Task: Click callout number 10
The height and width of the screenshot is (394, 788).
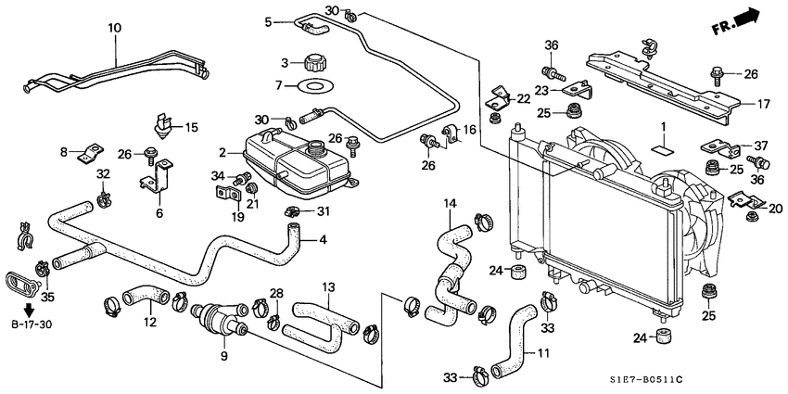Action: tap(115, 29)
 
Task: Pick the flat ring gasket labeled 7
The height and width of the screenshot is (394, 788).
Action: tap(307, 88)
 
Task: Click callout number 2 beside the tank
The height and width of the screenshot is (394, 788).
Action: tap(222, 152)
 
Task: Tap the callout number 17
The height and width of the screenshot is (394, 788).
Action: tap(763, 105)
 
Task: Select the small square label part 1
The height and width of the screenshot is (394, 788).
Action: tap(663, 146)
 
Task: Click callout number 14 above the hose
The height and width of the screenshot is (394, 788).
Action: tap(450, 203)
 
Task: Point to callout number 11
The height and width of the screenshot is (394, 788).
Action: tap(543, 353)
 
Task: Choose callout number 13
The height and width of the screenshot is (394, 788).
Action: tap(327, 286)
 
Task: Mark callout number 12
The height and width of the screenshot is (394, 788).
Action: tap(150, 323)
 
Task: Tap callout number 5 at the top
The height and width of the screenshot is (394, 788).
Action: tap(268, 22)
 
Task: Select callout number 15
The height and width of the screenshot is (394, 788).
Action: tap(192, 127)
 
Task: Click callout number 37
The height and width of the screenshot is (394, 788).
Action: tap(761, 145)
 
